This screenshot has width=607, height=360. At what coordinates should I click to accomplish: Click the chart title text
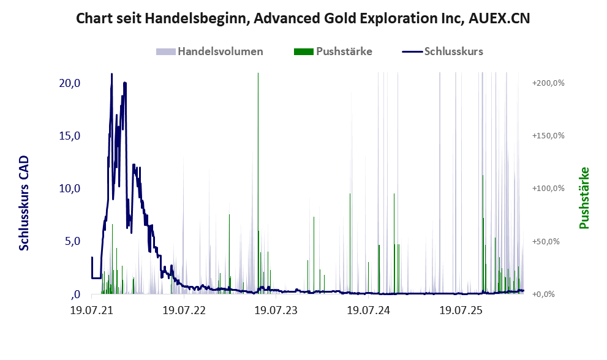303,18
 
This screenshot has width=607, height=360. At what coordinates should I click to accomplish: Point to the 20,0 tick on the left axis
70,83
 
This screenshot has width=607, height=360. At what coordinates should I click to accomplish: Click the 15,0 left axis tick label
70,135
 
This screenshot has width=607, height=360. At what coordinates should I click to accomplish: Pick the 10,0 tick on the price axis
70,189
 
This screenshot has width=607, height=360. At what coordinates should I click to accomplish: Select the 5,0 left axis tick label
72,241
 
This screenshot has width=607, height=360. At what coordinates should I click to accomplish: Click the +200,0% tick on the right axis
548,83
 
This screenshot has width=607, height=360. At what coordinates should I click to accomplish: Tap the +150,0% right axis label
548,135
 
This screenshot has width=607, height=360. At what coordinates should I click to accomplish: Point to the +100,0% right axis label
548,189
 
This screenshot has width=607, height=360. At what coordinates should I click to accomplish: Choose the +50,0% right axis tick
546,241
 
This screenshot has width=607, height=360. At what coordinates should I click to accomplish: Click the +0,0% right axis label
543,294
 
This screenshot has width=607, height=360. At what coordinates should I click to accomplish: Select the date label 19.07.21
92,310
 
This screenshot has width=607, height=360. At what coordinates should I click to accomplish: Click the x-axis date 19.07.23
276,310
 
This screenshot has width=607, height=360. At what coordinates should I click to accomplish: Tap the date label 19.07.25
461,310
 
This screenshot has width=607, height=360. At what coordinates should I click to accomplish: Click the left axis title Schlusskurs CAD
24,203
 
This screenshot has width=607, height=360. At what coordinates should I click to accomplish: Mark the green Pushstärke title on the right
584,198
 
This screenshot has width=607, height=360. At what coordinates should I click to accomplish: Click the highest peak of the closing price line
112,73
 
